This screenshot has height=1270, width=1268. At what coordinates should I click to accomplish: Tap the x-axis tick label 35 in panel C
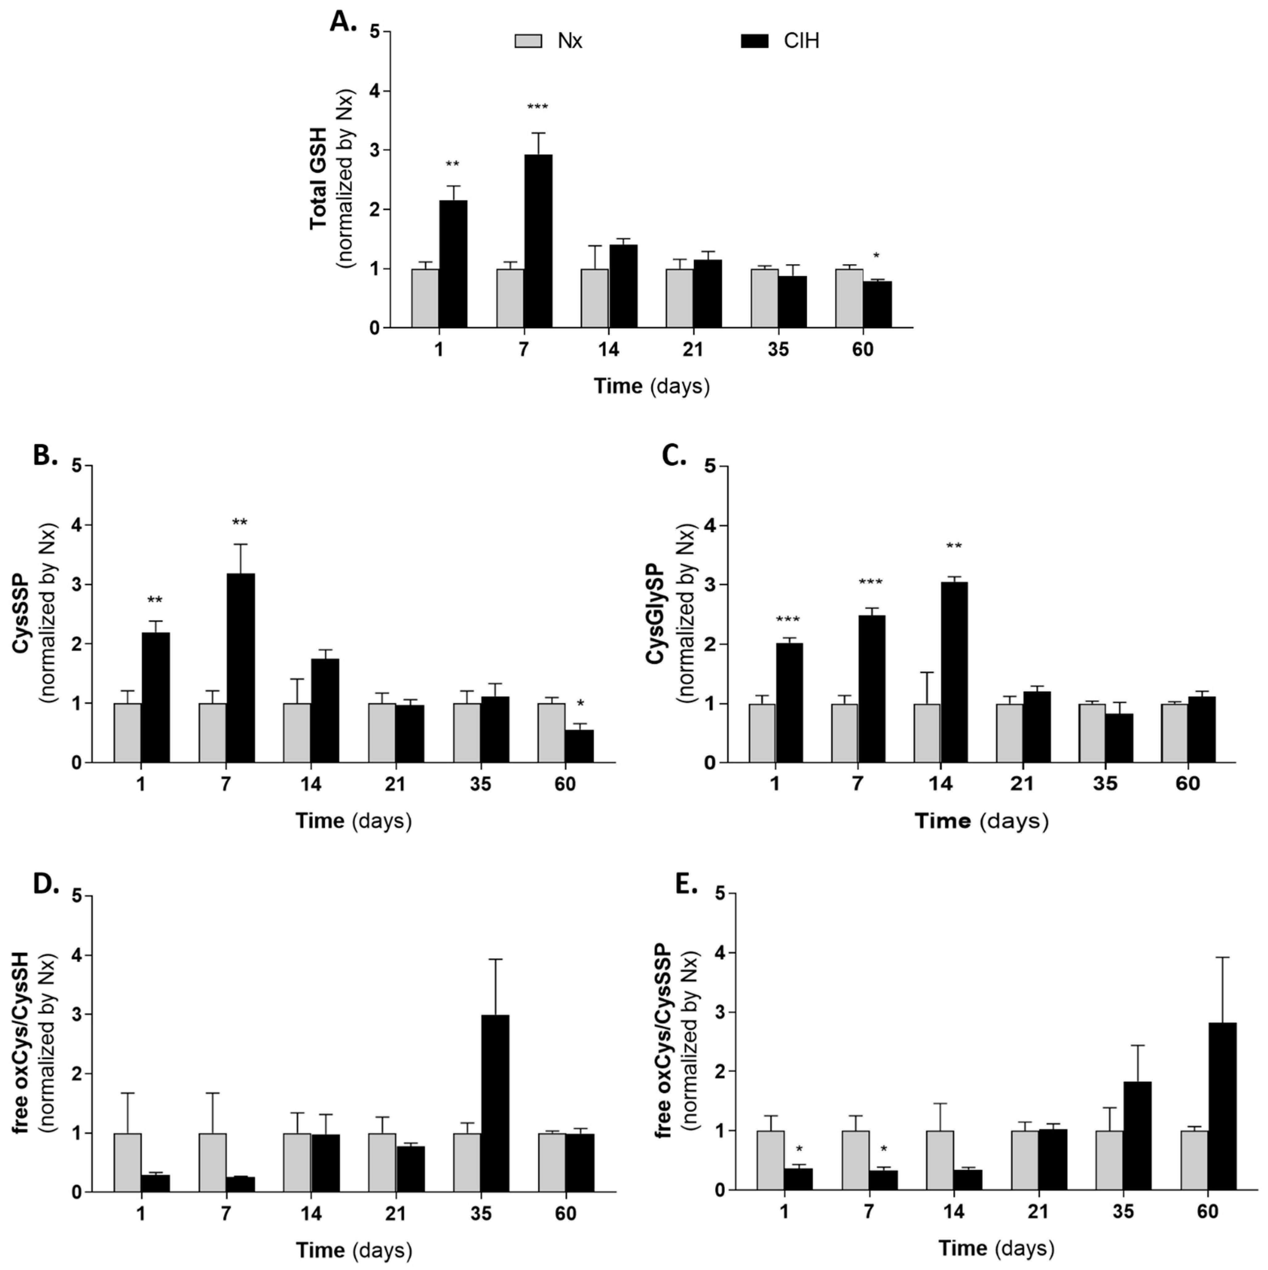(x=1106, y=784)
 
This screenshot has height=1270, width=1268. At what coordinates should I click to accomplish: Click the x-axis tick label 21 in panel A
(x=693, y=349)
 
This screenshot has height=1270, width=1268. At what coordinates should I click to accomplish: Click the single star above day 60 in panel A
(x=876, y=256)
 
